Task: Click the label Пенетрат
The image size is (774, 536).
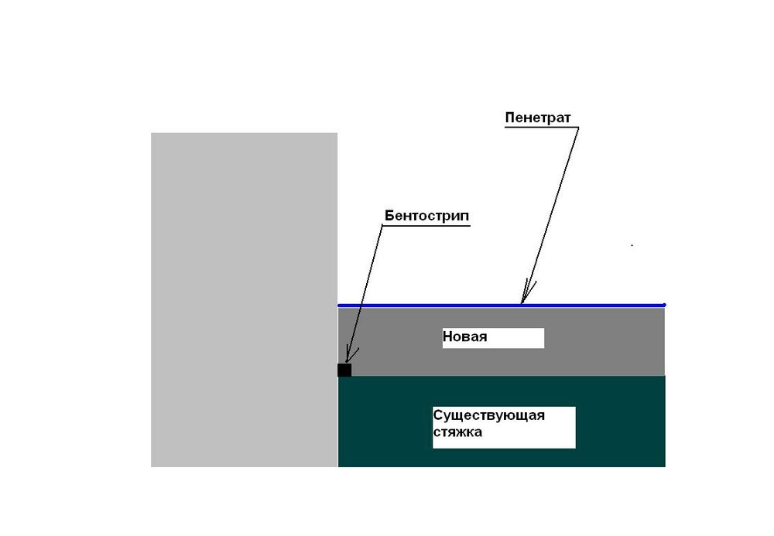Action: (538, 118)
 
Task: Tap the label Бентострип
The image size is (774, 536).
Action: (427, 216)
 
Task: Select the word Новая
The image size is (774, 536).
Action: (464, 336)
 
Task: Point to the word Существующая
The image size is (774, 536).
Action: (488, 415)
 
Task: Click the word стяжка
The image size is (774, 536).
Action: (457, 432)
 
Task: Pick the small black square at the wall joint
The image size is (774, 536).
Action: (344, 370)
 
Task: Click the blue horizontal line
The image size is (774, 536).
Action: (502, 306)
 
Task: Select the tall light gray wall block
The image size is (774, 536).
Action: (245, 300)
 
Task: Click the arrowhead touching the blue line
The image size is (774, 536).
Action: (526, 293)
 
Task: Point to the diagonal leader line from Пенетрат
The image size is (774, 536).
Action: (550, 216)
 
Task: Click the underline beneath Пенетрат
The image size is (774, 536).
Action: (542, 127)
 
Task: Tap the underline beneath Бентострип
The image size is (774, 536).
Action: (426, 226)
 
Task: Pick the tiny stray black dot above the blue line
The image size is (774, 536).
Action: (632, 245)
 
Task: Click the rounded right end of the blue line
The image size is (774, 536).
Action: (664, 306)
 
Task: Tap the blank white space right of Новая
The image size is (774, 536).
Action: (515, 338)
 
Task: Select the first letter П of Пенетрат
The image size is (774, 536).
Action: (510, 118)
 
